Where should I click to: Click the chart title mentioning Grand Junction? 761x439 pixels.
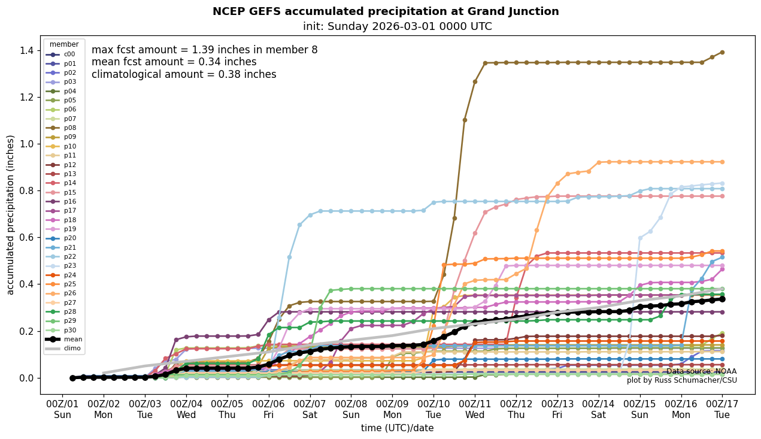click(386, 11)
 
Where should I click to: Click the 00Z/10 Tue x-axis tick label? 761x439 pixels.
click(433, 409)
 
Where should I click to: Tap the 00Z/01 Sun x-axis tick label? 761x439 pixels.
click(62, 409)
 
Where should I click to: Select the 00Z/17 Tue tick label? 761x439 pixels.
click(722, 409)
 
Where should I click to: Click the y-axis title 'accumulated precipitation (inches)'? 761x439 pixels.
click(10, 214)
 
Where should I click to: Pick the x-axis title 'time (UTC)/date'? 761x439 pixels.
click(397, 428)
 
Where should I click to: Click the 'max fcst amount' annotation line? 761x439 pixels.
click(204, 50)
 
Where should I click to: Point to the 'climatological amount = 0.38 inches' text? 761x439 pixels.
click(184, 74)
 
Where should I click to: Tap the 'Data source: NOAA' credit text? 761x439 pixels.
click(701, 371)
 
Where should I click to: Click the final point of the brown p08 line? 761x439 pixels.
click(722, 52)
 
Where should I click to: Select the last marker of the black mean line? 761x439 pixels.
click(722, 299)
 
